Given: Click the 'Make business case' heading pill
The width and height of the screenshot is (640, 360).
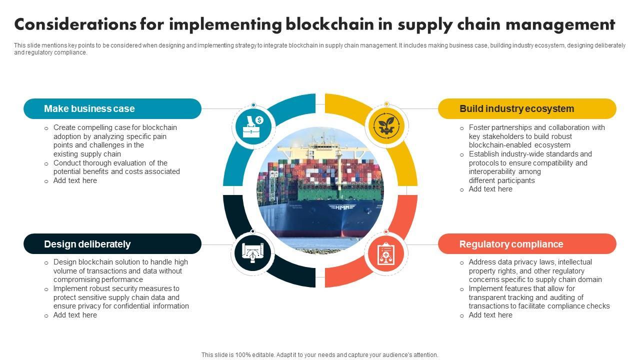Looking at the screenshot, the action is [112, 108].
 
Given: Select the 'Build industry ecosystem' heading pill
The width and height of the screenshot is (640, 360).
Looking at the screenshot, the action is [527, 108].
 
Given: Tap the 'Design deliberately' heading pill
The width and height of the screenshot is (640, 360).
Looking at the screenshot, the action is [112, 244].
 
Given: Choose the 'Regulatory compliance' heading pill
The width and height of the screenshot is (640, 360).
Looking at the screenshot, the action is [527, 244].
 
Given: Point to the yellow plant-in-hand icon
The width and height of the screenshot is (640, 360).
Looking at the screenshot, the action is [386, 126].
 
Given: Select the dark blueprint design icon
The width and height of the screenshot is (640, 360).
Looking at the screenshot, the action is [253, 252].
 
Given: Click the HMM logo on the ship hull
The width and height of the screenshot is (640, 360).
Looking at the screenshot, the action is [341, 206].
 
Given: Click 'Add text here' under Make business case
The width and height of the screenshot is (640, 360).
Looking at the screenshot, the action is [75, 180].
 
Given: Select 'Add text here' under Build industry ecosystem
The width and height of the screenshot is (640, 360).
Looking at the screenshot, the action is [490, 189].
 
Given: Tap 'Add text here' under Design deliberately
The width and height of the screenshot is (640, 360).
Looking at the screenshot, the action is [75, 315].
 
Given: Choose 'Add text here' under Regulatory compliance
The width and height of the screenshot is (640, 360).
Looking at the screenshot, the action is [490, 315].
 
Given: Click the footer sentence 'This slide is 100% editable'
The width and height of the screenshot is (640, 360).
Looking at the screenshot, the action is [319, 355].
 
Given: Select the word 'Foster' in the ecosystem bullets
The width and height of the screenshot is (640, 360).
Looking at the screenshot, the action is [479, 127].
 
